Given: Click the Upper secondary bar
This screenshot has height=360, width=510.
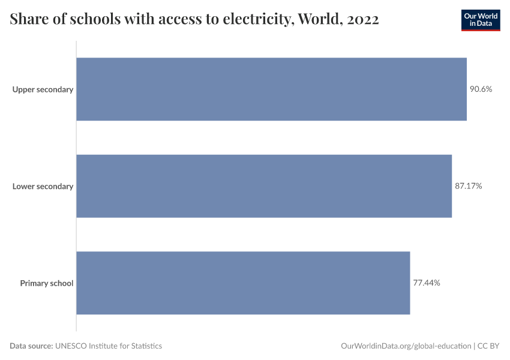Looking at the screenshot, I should [271, 89].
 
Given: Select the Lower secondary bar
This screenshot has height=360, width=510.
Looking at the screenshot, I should [264, 186].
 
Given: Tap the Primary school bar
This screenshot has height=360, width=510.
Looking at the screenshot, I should [243, 283].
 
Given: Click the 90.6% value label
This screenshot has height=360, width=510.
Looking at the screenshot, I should [481, 89].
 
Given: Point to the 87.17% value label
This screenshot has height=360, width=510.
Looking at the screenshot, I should [468, 186].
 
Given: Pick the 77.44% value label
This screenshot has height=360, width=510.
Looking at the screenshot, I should [427, 283].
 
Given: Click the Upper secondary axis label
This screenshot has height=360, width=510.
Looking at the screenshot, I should [43, 89].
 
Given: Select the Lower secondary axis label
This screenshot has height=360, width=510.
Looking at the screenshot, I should [43, 186].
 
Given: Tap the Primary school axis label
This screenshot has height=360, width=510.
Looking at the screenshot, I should [46, 283].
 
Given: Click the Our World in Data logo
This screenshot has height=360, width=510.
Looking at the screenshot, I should [480, 20].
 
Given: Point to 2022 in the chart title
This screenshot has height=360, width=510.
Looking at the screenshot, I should [362, 20].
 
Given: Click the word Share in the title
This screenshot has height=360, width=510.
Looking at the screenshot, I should [28, 20].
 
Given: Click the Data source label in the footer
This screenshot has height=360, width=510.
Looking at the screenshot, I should [31, 346].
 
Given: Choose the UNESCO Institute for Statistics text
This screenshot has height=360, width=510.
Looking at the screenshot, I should [109, 346].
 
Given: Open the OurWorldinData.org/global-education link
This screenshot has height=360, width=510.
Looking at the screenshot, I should [406, 346].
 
